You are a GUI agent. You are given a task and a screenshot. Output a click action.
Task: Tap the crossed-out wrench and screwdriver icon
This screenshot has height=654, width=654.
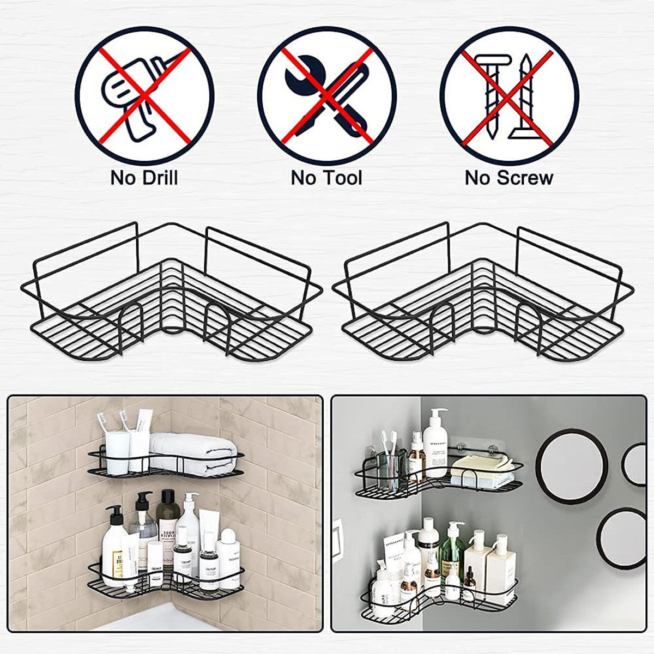[x=326, y=97]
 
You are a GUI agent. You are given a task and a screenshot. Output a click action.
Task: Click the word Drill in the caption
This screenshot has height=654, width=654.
[x=158, y=178]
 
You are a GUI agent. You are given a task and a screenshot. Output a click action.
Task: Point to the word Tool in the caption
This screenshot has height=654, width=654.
[x=342, y=178]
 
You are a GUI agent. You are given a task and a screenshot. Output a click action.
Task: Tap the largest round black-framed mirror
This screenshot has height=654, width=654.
[x=572, y=466]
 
